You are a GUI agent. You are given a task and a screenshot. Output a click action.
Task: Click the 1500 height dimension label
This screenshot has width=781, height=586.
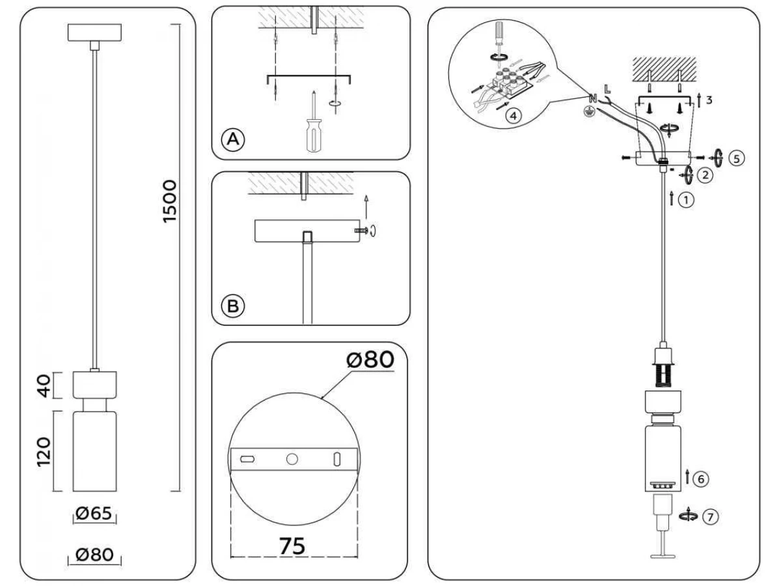[169, 202]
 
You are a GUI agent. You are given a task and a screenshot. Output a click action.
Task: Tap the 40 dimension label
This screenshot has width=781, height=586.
[45, 385]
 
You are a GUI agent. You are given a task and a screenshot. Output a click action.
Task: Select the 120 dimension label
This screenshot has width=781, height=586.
[44, 452]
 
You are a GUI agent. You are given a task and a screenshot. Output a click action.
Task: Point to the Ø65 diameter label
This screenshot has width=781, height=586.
[94, 513]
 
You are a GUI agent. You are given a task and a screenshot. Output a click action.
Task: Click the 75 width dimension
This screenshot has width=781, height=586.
[292, 546]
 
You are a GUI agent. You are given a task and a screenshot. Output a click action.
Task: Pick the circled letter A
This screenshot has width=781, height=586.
[233, 139]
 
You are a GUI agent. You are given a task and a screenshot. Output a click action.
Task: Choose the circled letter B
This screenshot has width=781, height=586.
[233, 306]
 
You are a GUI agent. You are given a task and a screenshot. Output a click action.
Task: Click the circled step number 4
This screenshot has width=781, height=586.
[514, 116]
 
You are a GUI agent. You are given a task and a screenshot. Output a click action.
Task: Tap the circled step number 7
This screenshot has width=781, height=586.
[710, 516]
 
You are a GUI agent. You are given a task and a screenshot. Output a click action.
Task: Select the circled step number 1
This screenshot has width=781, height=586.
[686, 200]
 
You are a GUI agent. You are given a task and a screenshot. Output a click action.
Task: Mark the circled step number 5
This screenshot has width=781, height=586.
[737, 158]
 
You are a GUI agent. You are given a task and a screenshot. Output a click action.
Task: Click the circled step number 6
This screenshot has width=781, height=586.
[700, 479]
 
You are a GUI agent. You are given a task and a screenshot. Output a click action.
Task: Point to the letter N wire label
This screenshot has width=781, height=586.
[593, 98]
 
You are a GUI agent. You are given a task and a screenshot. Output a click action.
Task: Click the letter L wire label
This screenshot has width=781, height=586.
[607, 89]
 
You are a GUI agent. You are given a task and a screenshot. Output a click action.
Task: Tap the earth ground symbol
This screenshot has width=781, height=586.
[590, 112]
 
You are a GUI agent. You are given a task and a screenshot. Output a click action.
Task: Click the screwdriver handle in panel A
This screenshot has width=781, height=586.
[314, 135]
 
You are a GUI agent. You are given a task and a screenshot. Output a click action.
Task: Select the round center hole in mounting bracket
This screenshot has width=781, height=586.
[292, 459]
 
